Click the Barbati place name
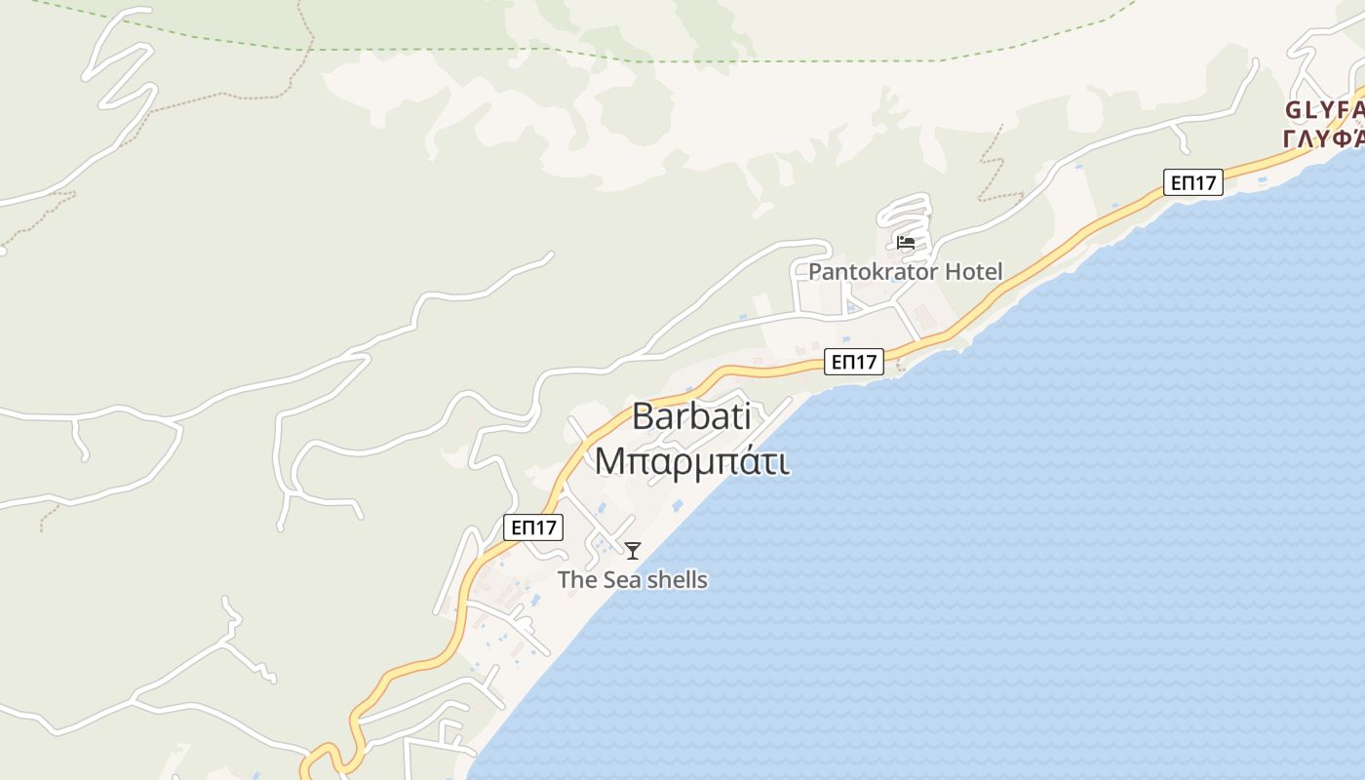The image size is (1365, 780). [691, 416]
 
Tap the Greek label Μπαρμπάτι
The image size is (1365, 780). [691, 460]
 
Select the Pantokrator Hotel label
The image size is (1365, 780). [905, 272]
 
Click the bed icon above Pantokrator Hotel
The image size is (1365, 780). [906, 243]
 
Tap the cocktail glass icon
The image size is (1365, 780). [633, 551]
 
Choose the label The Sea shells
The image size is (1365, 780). [632, 580]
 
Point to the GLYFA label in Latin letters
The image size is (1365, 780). [1324, 109]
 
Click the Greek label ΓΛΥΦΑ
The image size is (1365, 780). [1324, 138]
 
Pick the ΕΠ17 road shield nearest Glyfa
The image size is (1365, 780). [1192, 182]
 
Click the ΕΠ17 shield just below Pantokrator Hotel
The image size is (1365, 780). [854, 362]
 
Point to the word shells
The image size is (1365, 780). [677, 580]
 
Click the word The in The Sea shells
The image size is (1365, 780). [576, 580]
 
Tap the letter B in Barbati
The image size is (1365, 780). [643, 416]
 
